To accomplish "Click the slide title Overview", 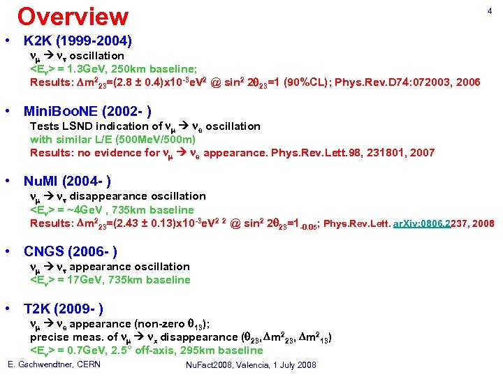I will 73,16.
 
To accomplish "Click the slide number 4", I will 489,10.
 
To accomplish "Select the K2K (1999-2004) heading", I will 78,40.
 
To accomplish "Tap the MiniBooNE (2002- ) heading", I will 87,111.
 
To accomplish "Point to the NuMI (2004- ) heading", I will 67,182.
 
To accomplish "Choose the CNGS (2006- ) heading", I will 70,251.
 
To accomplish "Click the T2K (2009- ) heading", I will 64,309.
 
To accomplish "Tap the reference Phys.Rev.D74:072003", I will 406,82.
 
